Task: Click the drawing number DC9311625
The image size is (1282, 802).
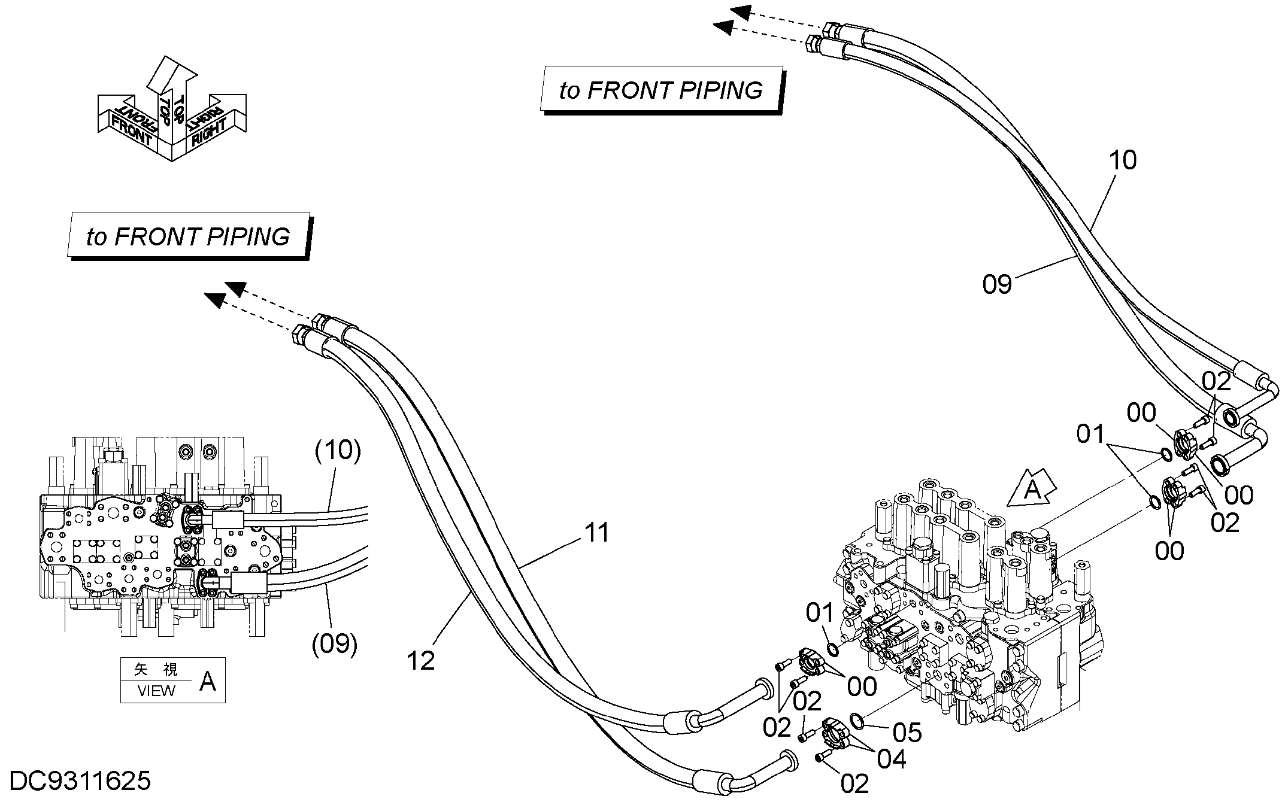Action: [x=81, y=781]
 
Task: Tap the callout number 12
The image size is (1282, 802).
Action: [x=420, y=661]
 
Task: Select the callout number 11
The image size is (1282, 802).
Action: [x=596, y=532]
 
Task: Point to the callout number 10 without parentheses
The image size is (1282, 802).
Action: [x=1122, y=160]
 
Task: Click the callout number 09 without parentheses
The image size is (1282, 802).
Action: [x=997, y=284]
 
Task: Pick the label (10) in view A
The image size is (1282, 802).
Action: [x=338, y=450]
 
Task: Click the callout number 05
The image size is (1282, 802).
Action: [x=907, y=733]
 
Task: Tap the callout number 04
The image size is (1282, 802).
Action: [x=892, y=759]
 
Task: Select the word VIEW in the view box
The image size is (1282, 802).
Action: [x=156, y=691]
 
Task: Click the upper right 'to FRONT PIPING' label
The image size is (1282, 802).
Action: [x=661, y=90]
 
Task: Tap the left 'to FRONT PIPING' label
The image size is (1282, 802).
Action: [x=188, y=236]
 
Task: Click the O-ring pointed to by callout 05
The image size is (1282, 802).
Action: [x=857, y=722]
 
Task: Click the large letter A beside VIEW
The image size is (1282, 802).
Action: [x=207, y=681]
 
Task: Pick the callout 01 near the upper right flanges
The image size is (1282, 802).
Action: [x=1090, y=434]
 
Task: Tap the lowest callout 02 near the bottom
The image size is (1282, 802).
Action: [x=854, y=783]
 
